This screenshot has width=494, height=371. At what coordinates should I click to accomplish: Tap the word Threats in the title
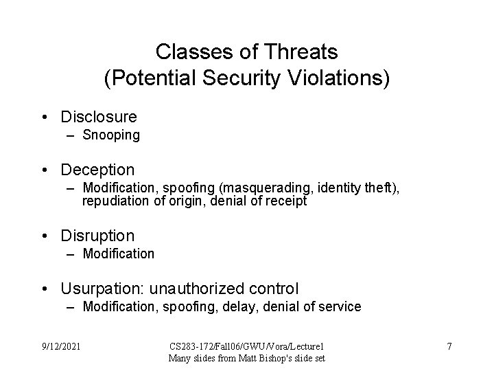[306, 52]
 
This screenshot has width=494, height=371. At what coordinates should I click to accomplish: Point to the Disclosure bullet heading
[99, 117]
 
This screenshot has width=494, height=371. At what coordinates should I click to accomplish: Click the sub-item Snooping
[111, 135]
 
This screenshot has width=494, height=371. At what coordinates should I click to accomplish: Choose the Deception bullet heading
[98, 169]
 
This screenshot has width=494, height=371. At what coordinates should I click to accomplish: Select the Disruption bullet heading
[97, 236]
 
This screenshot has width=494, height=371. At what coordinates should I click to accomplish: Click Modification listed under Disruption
[119, 254]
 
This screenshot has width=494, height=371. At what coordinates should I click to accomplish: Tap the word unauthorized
[200, 288]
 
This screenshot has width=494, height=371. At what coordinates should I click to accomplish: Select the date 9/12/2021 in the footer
[60, 346]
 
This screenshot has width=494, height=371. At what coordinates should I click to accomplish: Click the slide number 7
[449, 346]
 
